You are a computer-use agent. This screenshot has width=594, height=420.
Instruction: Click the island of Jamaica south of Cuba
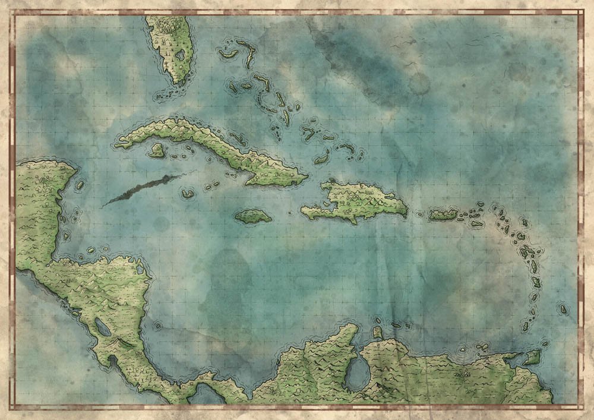253,216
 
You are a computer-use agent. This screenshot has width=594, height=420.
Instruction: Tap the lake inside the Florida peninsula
179,54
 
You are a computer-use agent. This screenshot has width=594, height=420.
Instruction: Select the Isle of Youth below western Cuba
157,150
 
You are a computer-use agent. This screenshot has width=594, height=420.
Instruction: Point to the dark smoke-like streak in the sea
143,189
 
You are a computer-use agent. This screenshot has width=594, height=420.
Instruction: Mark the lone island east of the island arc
563,309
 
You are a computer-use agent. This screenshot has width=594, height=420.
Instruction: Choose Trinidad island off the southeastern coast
532,356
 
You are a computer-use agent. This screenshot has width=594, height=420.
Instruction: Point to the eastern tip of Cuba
307,176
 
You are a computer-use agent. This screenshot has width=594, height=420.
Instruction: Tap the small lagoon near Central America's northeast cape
140,269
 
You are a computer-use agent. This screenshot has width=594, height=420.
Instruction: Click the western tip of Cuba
117,144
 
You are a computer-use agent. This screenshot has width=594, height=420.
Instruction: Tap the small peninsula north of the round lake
378,333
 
